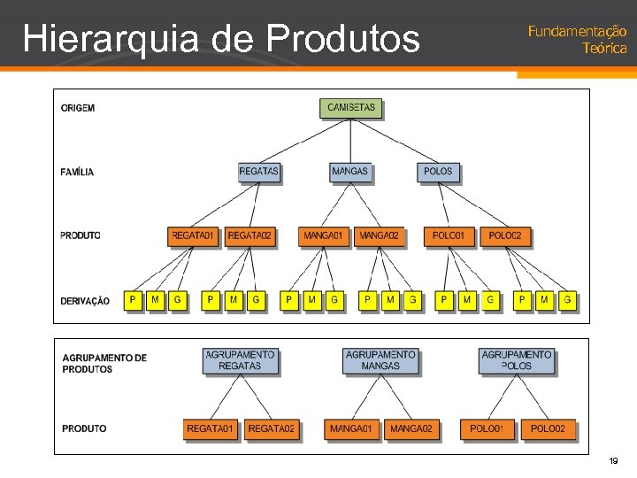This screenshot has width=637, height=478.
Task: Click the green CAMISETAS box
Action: tap(351, 108)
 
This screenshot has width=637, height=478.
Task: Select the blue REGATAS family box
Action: tap(259, 171)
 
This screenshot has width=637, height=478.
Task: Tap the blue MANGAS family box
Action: tap(350, 171)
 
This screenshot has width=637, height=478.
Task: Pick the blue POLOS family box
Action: tap(438, 171)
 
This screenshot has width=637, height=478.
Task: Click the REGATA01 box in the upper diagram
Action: tap(193, 236)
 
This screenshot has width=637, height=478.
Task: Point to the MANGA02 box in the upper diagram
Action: tap(379, 236)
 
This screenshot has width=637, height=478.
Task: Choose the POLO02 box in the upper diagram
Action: tap(505, 236)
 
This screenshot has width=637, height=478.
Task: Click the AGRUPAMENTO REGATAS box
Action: tap(240, 360)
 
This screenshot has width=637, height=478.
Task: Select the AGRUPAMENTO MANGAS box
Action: tap(380, 360)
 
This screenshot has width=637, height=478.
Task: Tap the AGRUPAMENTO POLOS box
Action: tap(517, 360)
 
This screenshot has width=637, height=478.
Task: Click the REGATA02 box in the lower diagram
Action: tap(272, 429)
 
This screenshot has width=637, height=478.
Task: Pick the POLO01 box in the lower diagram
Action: tap(487, 429)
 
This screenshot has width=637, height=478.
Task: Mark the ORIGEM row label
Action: tap(78, 108)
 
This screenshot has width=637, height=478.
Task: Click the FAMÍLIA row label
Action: tap(77, 172)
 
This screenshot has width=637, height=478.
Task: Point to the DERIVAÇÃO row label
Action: tap(85, 301)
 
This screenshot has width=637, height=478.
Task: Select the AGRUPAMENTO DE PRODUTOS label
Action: tap(104, 364)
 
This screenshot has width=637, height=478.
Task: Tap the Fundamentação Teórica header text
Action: tap(578, 40)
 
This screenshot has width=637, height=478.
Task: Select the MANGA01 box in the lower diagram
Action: tap(351, 429)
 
